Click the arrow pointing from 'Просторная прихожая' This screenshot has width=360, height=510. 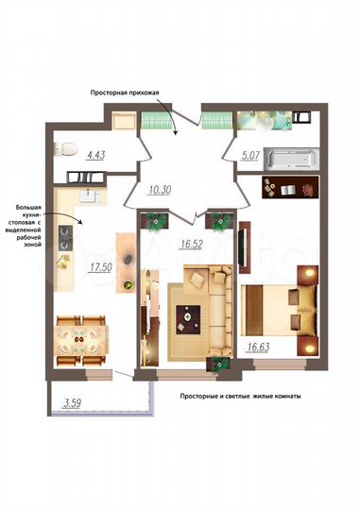[171, 120]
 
